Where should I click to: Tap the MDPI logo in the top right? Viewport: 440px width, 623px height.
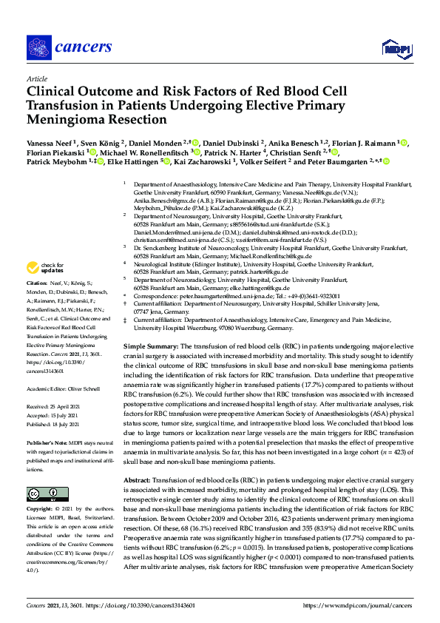click(396, 49)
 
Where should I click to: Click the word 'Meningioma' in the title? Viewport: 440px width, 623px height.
click(63, 119)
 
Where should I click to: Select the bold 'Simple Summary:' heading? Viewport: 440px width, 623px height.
click(149, 346)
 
